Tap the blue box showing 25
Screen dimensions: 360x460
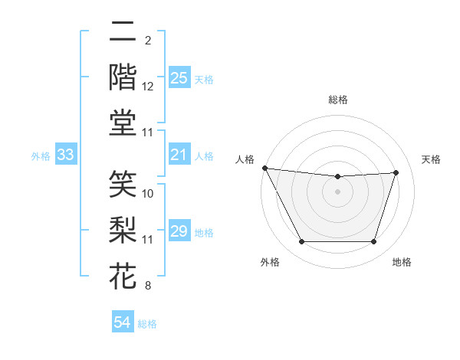(x=179, y=78)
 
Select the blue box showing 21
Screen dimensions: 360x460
(x=179, y=155)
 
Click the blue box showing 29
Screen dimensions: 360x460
(x=179, y=232)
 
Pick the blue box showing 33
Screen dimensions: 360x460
(x=66, y=155)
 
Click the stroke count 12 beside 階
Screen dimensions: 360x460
(x=148, y=87)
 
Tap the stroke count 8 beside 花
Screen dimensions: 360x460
(x=147, y=286)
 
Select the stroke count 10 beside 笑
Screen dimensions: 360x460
(x=148, y=194)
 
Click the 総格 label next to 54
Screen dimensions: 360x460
(x=147, y=324)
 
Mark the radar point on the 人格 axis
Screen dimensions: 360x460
(x=264, y=168)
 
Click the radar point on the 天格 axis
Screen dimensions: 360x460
(x=396, y=172)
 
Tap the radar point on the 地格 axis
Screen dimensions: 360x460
(x=374, y=242)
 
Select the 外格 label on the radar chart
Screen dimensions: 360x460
(x=270, y=262)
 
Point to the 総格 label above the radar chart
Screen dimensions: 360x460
(x=337, y=100)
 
